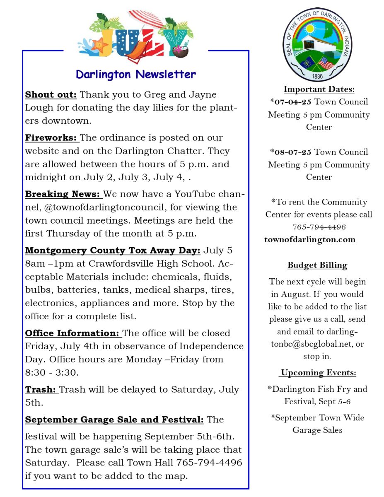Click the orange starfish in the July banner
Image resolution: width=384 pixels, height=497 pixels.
click(99, 46)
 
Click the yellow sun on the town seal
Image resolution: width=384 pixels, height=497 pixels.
click(310, 30)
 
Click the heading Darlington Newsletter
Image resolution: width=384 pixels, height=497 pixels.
click(136, 75)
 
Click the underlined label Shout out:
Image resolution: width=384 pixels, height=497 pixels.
click(51, 94)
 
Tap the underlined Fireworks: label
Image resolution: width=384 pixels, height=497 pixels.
click(52, 138)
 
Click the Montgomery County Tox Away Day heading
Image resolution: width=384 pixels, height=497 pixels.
click(113, 250)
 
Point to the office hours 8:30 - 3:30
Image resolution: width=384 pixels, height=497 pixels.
click(52, 372)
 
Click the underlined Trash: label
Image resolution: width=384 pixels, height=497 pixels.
click(41, 389)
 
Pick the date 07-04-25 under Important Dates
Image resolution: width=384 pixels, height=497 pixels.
click(293, 102)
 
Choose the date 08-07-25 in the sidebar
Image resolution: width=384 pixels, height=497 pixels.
click(293, 152)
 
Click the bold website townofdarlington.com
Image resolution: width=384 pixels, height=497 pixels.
click(310, 239)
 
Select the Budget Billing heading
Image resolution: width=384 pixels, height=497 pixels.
click(317, 265)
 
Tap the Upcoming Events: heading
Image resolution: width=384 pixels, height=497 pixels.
click(318, 373)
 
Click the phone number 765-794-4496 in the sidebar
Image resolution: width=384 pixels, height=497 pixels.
click(319, 227)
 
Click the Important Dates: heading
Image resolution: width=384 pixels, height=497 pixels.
click(319, 89)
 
